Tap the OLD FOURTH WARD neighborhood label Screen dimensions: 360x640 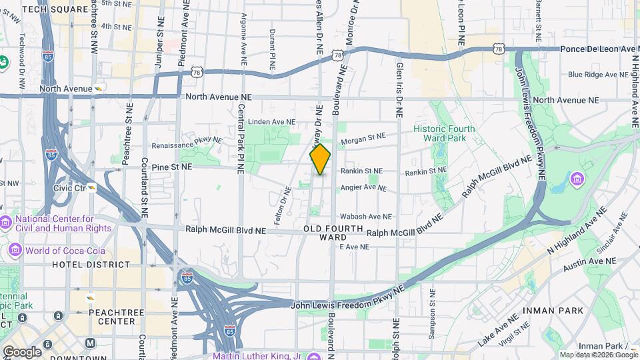(333, 233)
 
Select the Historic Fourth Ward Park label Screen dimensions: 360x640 (444, 133)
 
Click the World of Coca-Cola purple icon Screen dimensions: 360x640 (15, 250)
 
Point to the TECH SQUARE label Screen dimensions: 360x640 (55, 9)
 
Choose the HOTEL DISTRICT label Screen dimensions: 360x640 (91, 265)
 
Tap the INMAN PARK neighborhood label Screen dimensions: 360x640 (554, 311)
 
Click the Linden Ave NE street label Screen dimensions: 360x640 (271, 122)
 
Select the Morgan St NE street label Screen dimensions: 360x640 (363, 138)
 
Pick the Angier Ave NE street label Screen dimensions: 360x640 (363, 188)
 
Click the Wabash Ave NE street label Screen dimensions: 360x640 (365, 217)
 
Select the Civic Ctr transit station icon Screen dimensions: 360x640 (92, 187)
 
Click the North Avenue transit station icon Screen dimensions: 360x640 (98, 88)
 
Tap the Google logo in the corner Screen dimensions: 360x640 (22, 351)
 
